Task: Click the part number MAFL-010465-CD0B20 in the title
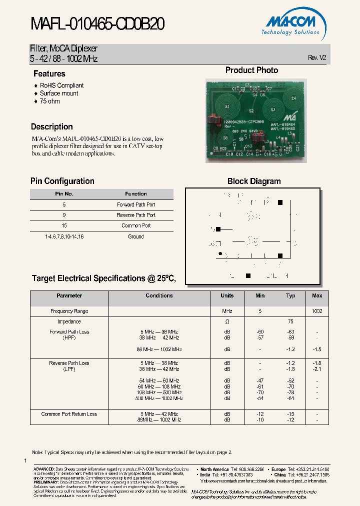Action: [98, 23]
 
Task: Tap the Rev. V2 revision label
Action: [317, 58]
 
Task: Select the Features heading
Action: [49, 73]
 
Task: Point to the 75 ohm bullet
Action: [49, 101]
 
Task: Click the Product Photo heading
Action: [251, 70]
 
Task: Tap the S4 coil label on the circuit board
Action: [293, 98]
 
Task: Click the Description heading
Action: [51, 126]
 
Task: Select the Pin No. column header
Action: [64, 194]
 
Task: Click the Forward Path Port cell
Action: [136, 204]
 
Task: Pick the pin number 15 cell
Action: [64, 225]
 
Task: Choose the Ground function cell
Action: [136, 236]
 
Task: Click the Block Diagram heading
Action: [254, 181]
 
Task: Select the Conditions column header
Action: [159, 295]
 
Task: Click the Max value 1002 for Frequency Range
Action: [317, 311]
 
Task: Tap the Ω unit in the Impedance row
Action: [227, 321]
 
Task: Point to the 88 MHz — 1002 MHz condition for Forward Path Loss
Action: [159, 349]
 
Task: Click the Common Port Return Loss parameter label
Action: [69, 414]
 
